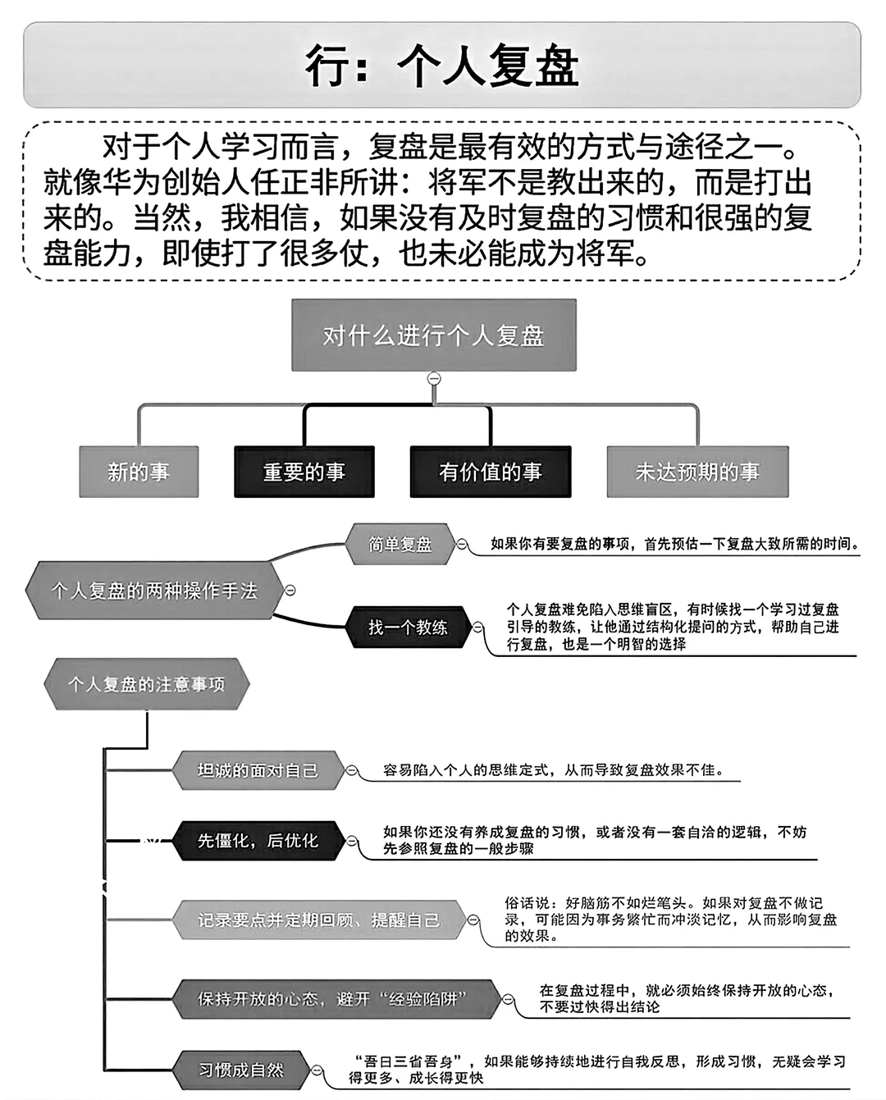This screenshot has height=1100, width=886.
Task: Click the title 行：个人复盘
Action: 442,66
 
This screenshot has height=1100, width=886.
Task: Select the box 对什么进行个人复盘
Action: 433,335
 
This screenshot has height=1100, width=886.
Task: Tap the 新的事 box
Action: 139,472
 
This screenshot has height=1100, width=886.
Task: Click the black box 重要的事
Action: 304,472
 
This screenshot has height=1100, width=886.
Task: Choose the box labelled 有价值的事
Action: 490,472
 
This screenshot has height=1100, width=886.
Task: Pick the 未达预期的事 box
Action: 697,472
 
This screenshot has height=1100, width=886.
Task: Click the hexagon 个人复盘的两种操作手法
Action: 154,591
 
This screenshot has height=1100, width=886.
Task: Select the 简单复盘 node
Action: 400,544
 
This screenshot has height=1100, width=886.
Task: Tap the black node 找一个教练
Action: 408,628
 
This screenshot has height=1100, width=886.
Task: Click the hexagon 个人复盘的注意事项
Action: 146,684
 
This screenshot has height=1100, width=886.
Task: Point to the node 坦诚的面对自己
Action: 258,770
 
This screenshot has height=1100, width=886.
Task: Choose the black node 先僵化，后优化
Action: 258,841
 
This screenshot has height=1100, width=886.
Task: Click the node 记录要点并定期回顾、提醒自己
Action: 318,920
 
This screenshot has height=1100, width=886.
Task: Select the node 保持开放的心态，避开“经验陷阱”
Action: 333,999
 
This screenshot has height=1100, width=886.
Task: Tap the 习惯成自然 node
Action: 241,1070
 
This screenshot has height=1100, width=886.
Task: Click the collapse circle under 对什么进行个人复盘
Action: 434,378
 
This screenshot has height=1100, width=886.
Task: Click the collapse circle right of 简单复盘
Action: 462,544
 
